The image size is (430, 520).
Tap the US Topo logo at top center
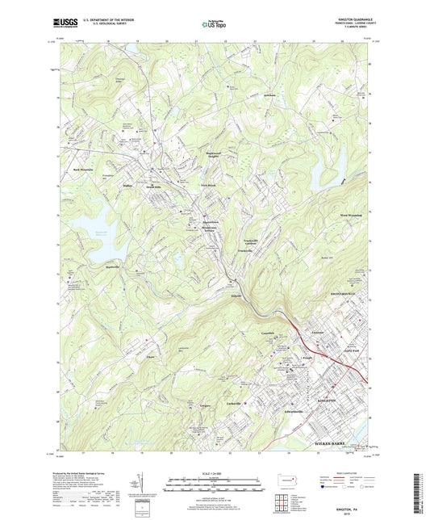coord(211,25)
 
